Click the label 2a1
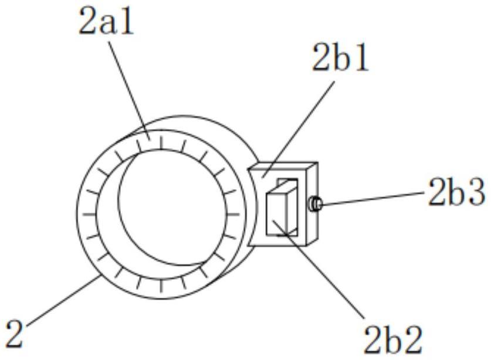pos(106,23)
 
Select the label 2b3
pos(456,194)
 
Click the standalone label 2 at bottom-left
pos(14,334)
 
